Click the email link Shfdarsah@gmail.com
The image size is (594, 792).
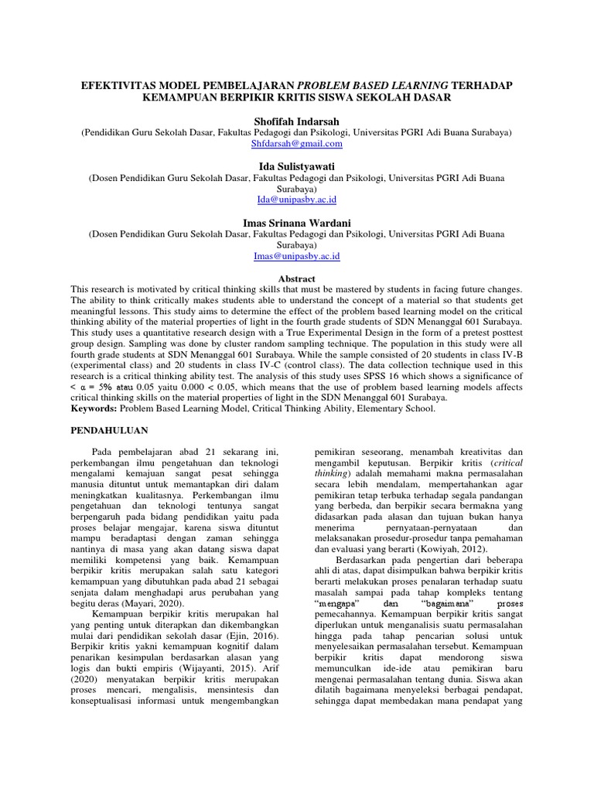point(297,144)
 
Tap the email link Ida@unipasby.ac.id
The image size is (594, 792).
point(297,200)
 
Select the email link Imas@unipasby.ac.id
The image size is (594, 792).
point(297,255)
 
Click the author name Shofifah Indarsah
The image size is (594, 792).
point(297,121)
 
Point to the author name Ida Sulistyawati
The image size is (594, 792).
point(297,166)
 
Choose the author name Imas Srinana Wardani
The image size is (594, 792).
point(297,221)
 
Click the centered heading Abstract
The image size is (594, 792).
point(297,278)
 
